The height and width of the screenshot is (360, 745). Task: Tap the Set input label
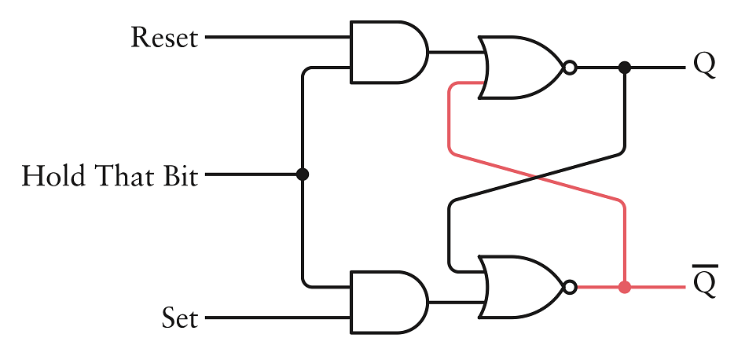tap(180, 319)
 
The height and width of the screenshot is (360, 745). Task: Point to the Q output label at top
tap(704, 64)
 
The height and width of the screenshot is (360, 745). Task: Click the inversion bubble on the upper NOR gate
tap(571, 68)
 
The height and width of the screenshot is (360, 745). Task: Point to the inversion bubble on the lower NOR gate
tap(571, 287)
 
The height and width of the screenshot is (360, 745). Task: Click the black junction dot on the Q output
tap(625, 68)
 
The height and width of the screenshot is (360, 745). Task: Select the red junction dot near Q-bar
tap(625, 287)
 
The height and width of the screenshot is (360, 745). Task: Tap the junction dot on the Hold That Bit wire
tap(303, 174)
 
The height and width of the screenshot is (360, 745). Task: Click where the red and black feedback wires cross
tap(537, 176)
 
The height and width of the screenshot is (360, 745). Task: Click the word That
tap(118, 175)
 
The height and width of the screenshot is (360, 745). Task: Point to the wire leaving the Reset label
tap(275, 37)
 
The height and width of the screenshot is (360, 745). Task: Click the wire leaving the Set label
tap(275, 319)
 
